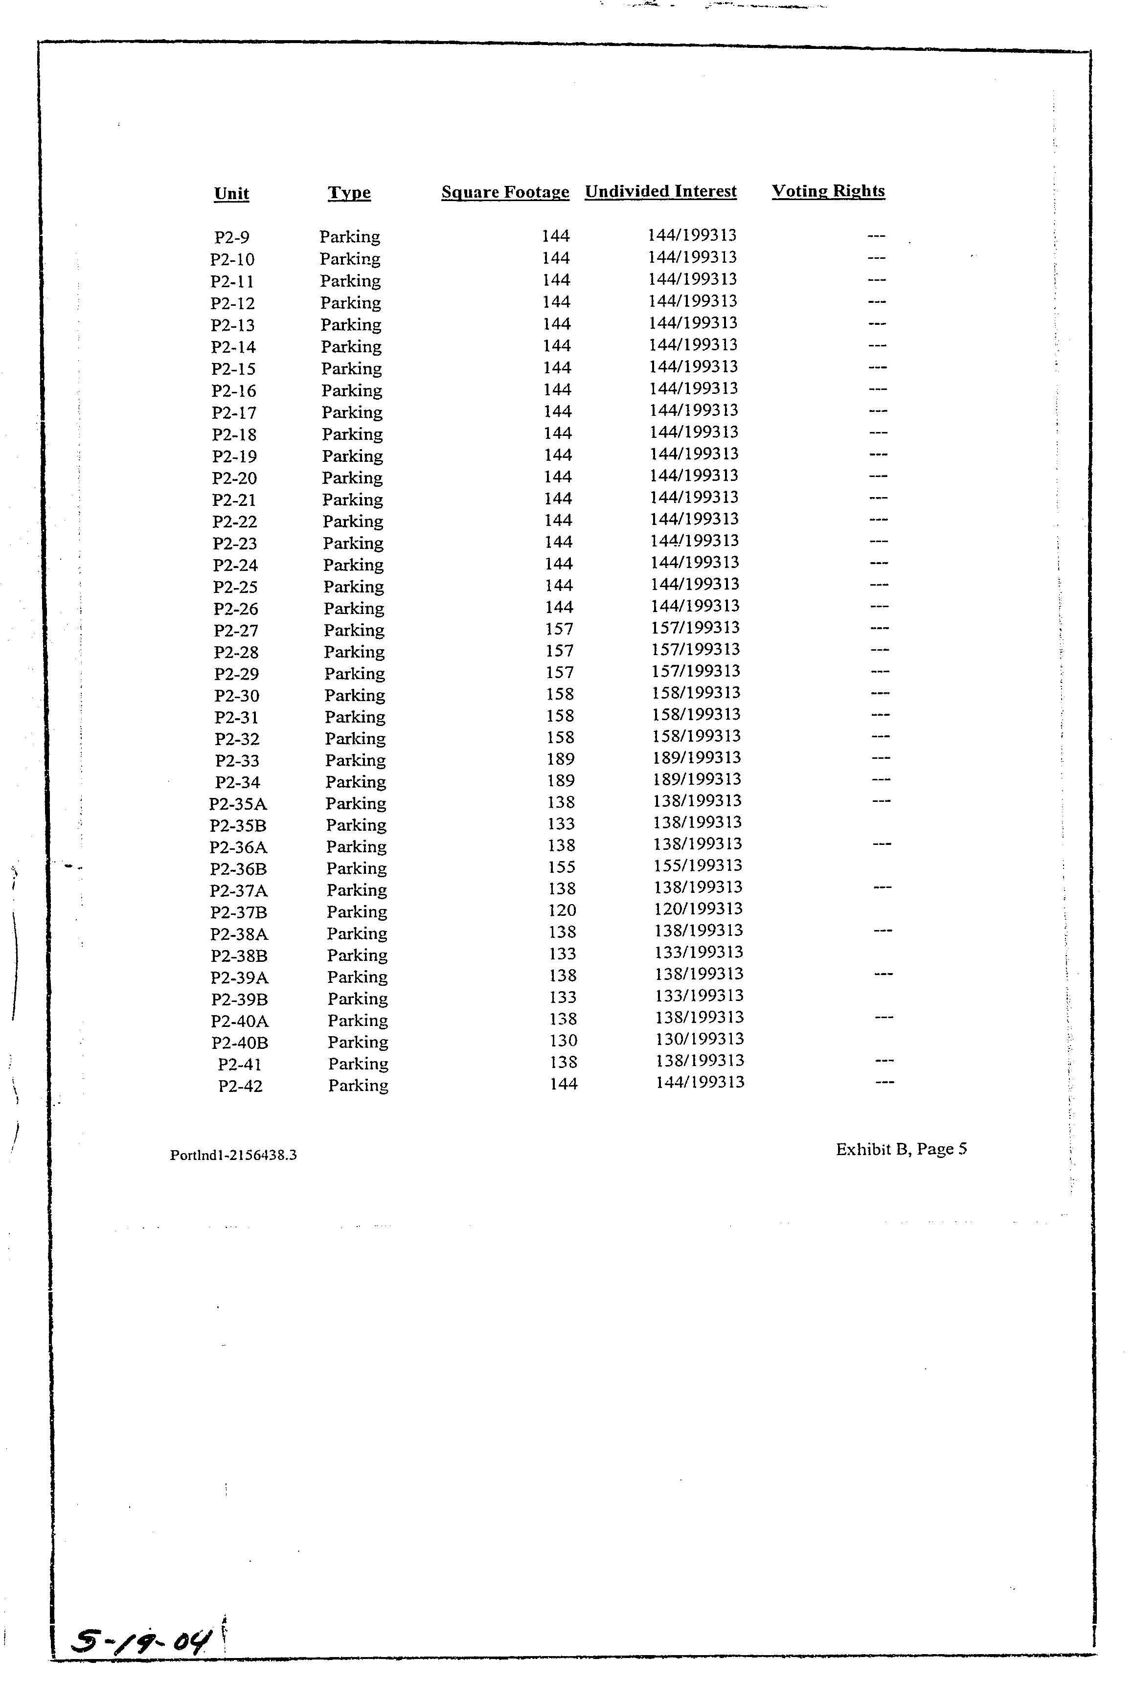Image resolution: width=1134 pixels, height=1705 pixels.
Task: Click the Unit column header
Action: tap(231, 194)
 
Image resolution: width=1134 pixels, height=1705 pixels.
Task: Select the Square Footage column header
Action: tap(505, 192)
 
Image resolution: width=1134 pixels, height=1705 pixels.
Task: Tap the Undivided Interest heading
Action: tap(660, 192)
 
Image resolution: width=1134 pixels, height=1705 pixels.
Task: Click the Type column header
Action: tap(349, 193)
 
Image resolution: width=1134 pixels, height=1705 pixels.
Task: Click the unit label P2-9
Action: tap(232, 237)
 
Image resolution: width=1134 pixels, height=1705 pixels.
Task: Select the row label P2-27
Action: tap(236, 631)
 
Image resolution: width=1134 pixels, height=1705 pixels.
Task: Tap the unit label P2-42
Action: tap(240, 1086)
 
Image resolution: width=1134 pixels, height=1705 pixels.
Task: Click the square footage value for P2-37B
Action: tap(562, 910)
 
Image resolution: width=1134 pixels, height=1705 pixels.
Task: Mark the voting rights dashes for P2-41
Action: tap(885, 1061)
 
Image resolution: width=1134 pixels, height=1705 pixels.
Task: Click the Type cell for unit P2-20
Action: tap(352, 478)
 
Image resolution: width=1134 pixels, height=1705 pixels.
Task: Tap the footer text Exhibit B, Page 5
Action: tap(901, 1150)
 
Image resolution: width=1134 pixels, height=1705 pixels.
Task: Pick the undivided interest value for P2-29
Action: tap(696, 671)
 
